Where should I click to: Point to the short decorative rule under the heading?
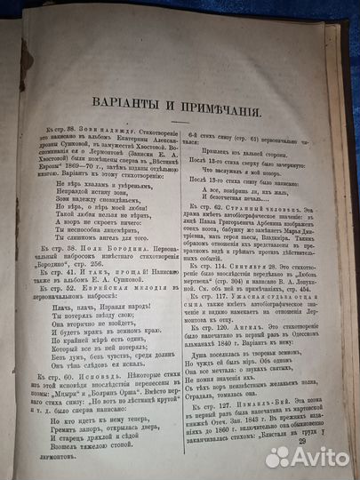click(181, 111)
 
